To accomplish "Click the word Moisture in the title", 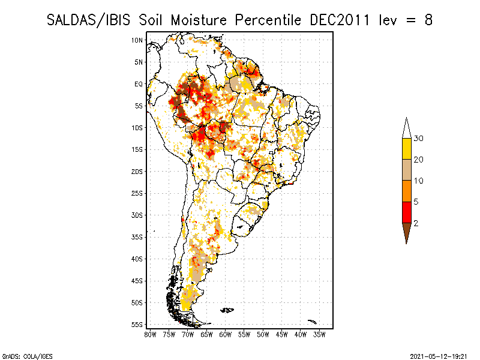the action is [199, 20].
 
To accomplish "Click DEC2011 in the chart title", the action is [340, 20].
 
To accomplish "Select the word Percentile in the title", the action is [268, 20].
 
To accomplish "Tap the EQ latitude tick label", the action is [139, 84].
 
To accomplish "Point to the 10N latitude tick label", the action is [137, 40].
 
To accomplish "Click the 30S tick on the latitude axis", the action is [137, 215].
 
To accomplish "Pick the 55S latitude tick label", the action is [137, 325].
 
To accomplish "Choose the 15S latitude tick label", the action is [137, 149].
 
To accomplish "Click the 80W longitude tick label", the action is [150, 335].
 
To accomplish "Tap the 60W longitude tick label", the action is [226, 335].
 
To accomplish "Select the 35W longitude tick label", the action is [319, 335].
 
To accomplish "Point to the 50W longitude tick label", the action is [263, 335].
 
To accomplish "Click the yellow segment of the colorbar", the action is [407, 149].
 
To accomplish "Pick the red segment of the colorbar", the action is [407, 212].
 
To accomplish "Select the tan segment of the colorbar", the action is [407, 170].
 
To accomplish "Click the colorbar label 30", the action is [418, 139].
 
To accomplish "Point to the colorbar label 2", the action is [416, 223].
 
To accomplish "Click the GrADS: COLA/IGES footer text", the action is [27, 356].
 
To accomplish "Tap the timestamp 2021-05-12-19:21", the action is [439, 356].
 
